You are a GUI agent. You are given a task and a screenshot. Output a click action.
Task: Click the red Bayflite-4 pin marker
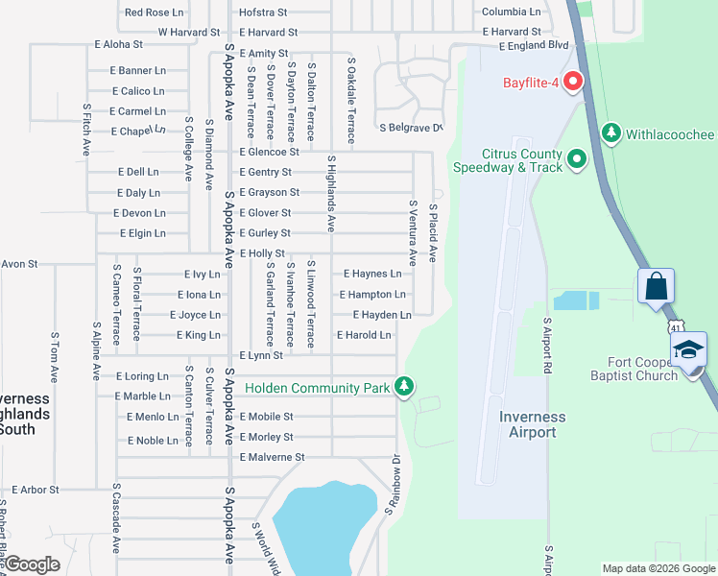574,83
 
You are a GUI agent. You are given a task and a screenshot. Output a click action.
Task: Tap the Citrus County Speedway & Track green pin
577,159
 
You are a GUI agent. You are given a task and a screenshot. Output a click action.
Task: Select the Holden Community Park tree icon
405,387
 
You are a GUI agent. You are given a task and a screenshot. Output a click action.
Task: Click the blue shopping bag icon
657,286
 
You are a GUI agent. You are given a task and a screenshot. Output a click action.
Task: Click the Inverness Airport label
532,424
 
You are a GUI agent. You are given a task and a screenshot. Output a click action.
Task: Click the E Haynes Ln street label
371,275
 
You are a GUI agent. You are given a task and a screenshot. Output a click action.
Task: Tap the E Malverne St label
272,458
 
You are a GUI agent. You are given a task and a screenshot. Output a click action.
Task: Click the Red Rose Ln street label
154,12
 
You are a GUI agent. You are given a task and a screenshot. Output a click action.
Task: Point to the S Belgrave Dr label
411,128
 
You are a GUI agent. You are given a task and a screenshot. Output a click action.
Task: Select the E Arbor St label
29,490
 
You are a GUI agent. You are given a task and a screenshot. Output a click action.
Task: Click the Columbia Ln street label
511,12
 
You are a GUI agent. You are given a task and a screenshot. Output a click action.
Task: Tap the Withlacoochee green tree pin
610,133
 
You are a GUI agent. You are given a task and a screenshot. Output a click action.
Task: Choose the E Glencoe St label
270,152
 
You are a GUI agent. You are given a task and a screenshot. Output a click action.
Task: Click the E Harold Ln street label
364,335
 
